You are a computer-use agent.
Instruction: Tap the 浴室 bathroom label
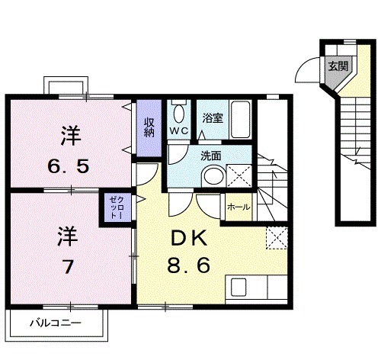point(213,117)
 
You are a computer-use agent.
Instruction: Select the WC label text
point(179,131)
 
